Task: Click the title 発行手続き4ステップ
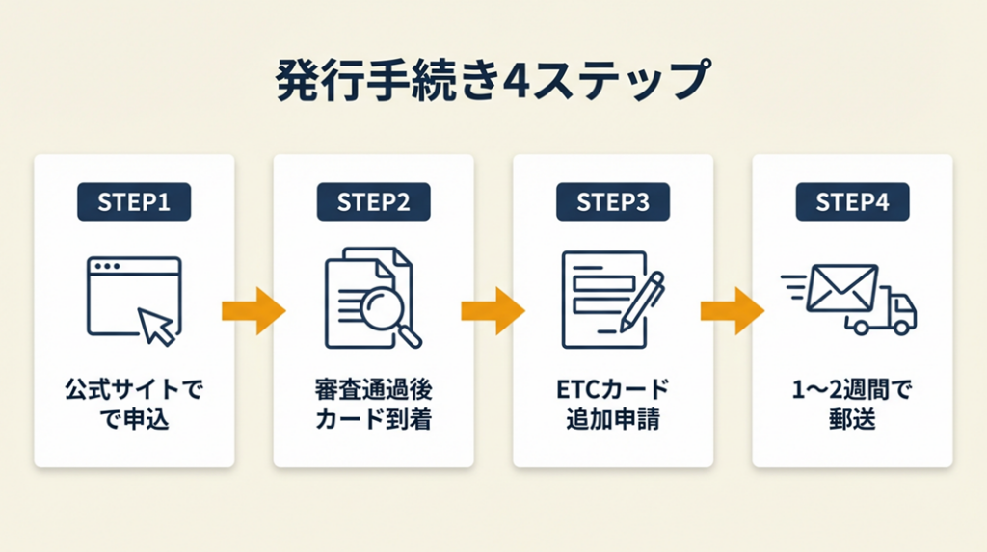click(493, 82)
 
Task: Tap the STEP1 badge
click(134, 202)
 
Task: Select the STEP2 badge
click(373, 202)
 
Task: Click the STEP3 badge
click(612, 202)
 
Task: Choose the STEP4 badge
click(852, 202)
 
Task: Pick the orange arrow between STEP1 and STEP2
click(253, 310)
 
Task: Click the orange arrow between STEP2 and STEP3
click(493, 310)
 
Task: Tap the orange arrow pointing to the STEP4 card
click(732, 310)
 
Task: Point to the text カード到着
click(373, 420)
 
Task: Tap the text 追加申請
click(612, 420)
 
